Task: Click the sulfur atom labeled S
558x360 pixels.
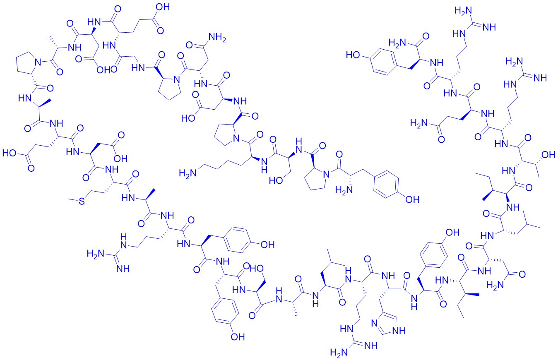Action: pyautogui.click(x=82, y=201)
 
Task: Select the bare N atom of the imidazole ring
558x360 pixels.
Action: pyautogui.click(x=374, y=324)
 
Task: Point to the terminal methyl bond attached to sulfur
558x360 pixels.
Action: pyautogui.click(x=73, y=200)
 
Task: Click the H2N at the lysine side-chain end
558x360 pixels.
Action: pyautogui.click(x=188, y=173)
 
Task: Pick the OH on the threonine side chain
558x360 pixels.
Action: pyautogui.click(x=548, y=155)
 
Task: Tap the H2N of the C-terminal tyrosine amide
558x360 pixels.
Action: pyautogui.click(x=397, y=43)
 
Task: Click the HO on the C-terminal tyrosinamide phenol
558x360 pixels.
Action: pyautogui.click(x=353, y=55)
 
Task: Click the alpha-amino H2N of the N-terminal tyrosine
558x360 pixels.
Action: pyautogui.click(x=344, y=190)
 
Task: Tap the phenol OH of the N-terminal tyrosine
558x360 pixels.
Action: pyautogui.click(x=412, y=199)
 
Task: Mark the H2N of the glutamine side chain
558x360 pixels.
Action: pyautogui.click(x=419, y=123)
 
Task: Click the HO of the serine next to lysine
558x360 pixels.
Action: pyautogui.click(x=276, y=180)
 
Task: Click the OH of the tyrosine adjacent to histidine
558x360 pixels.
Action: pyautogui.click(x=452, y=233)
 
